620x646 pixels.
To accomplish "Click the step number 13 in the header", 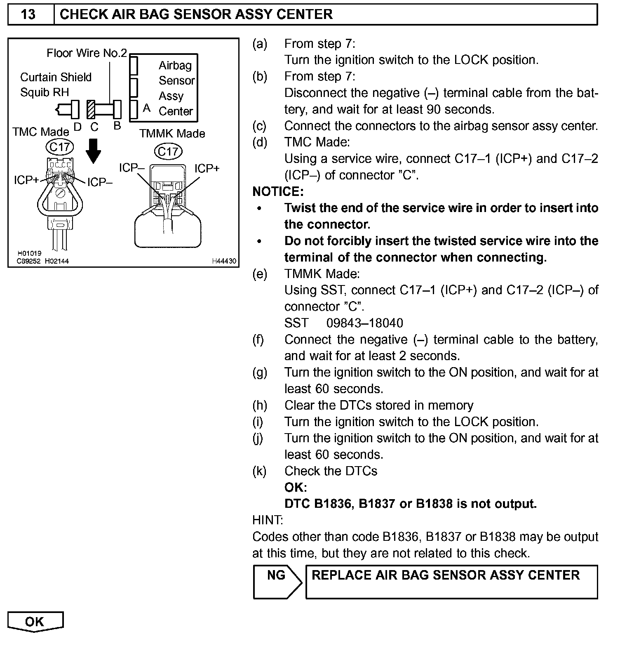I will click(28, 14).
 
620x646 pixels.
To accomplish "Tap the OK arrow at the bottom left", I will click(35, 622).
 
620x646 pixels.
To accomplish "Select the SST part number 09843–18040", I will click(364, 323).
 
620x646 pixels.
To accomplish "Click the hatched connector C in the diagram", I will click(91, 109).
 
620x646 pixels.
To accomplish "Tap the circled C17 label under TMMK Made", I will click(168, 152).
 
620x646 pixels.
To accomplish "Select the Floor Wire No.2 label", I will click(87, 53).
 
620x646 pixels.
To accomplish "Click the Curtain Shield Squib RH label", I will click(56, 85).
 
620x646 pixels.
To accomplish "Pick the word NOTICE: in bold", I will click(278, 191).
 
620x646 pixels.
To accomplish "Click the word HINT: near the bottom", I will click(268, 520).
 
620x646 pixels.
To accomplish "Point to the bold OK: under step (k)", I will click(296, 487).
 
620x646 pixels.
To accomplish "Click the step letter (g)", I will click(260, 373).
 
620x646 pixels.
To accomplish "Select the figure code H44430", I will click(224, 261).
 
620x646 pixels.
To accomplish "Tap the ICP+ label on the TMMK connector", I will click(207, 168).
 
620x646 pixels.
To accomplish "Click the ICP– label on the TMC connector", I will click(100, 182).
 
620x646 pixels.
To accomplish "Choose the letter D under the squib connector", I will click(77, 127).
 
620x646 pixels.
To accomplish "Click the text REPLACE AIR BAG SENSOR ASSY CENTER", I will click(446, 575).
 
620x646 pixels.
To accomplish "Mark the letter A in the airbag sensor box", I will click(146, 108).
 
